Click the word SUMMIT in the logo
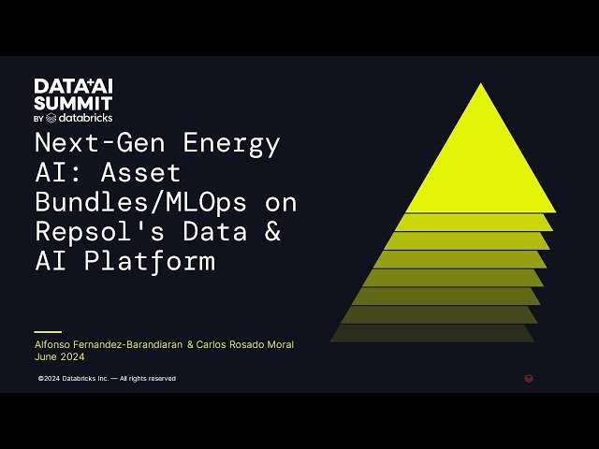73,103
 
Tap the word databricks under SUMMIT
84,118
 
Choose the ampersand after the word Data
271,231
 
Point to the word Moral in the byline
278,344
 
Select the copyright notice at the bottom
107,379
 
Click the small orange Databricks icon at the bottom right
529,379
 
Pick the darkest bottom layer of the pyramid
432,333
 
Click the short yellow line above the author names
47,332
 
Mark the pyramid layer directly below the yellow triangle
473,223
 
